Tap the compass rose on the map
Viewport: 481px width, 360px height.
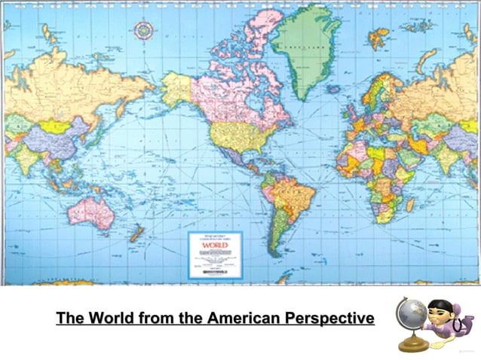143,31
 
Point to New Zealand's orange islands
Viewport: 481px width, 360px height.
136,233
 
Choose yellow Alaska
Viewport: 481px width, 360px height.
176,87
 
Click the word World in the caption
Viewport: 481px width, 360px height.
114,319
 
